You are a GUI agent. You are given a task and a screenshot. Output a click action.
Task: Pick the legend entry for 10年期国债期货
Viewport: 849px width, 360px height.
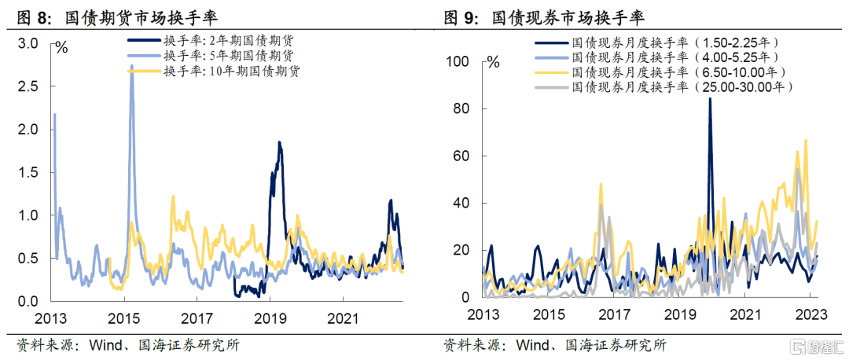(215, 71)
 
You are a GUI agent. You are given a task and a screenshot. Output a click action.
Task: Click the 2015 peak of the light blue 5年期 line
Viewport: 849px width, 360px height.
(131, 65)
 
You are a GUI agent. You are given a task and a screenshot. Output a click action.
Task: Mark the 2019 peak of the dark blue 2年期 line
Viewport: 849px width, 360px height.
(279, 142)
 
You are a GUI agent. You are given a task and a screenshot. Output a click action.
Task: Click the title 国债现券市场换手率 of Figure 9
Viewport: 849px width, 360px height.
(568, 18)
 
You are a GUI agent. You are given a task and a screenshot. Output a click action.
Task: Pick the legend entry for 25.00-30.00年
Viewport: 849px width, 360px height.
(663, 86)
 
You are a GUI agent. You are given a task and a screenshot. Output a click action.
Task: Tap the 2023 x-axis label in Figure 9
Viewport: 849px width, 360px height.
(810, 314)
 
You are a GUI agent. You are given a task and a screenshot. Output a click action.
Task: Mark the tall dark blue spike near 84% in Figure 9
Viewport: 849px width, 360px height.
(710, 99)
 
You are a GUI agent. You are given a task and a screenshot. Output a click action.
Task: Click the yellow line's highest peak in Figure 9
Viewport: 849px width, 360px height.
(806, 140)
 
